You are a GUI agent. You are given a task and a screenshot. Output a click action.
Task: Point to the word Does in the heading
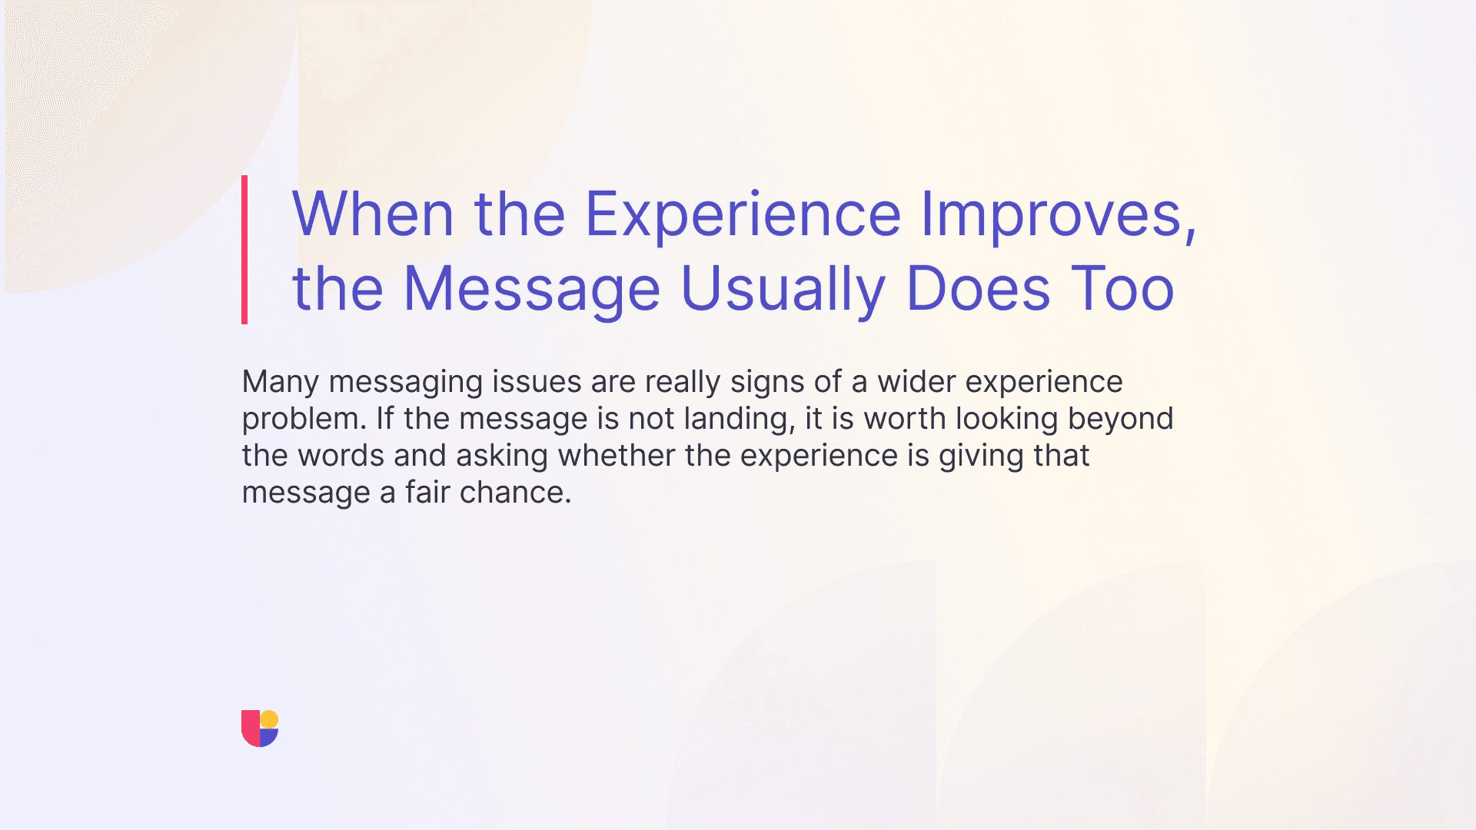tap(978, 289)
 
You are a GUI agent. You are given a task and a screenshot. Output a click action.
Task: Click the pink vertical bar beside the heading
tap(244, 250)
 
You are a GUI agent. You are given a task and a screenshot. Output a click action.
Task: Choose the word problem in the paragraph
tap(304, 419)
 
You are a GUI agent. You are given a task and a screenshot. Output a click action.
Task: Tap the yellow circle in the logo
tap(269, 719)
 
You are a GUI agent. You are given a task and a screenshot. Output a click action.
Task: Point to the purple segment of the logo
tap(268, 738)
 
